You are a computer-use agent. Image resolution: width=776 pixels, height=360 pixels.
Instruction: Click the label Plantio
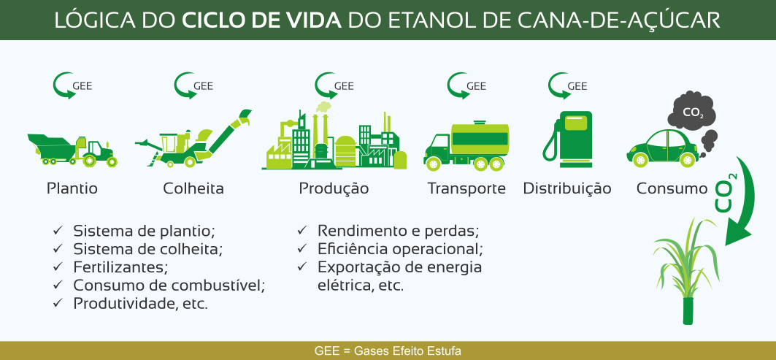tap(72, 188)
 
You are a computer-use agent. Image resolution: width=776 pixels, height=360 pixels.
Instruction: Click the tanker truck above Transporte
tap(466, 145)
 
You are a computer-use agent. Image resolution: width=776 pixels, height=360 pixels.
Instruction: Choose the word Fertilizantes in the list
tap(119, 267)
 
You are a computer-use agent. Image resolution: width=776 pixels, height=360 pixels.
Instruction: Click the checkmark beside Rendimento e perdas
tap(302, 230)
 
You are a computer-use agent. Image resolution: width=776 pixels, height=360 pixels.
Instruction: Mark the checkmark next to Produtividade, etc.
tap(58, 302)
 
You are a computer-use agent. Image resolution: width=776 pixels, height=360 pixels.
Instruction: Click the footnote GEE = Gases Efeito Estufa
tap(388, 351)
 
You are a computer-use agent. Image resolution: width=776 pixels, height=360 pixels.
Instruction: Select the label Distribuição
tap(567, 188)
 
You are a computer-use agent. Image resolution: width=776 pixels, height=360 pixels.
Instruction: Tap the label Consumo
tap(672, 188)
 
